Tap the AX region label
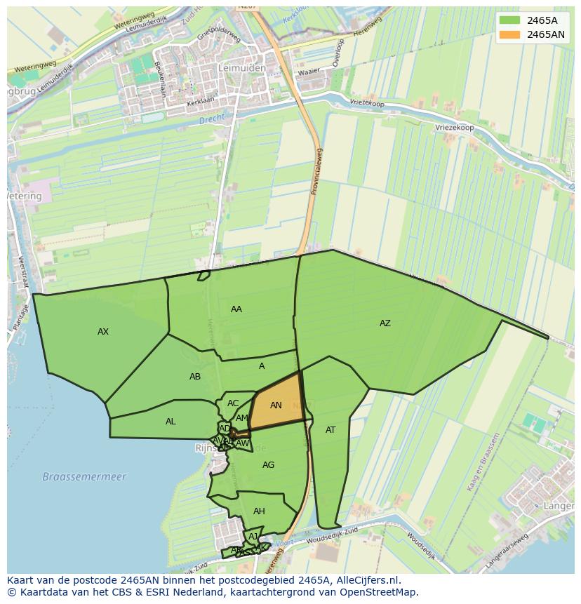click(x=103, y=332)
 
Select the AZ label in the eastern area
click(x=385, y=323)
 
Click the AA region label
click(x=236, y=309)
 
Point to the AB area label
click(x=195, y=377)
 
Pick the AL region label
click(x=171, y=422)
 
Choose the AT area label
click(x=330, y=430)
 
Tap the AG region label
click(x=268, y=465)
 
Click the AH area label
click(x=259, y=511)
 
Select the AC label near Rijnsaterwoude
click(x=233, y=403)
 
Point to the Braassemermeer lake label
click(x=84, y=477)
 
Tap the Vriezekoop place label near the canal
click(x=454, y=127)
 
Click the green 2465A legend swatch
click(x=510, y=20)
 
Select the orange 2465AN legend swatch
click(x=510, y=34)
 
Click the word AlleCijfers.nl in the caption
click(x=368, y=580)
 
